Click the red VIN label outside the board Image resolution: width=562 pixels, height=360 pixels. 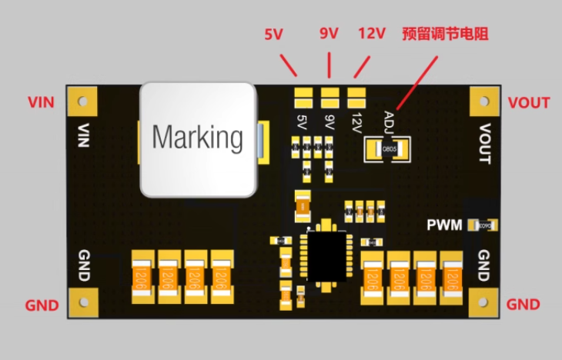coord(41,102)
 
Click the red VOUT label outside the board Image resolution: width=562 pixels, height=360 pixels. coord(529,103)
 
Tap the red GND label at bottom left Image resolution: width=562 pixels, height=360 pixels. coord(42,305)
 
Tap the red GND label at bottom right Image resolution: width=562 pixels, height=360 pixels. coord(524,305)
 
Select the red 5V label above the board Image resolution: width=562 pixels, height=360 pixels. coord(275,35)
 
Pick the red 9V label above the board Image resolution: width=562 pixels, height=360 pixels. coord(329,33)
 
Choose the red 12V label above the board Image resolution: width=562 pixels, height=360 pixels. coord(373,34)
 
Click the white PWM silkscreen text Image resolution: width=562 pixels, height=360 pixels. coord(444,225)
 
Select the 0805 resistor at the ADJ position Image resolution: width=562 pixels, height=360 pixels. coord(390,148)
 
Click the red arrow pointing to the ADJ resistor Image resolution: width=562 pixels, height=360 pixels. coord(416,85)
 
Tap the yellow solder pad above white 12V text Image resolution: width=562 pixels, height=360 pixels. coord(356,98)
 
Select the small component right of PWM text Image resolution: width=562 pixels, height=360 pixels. coord(483,225)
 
